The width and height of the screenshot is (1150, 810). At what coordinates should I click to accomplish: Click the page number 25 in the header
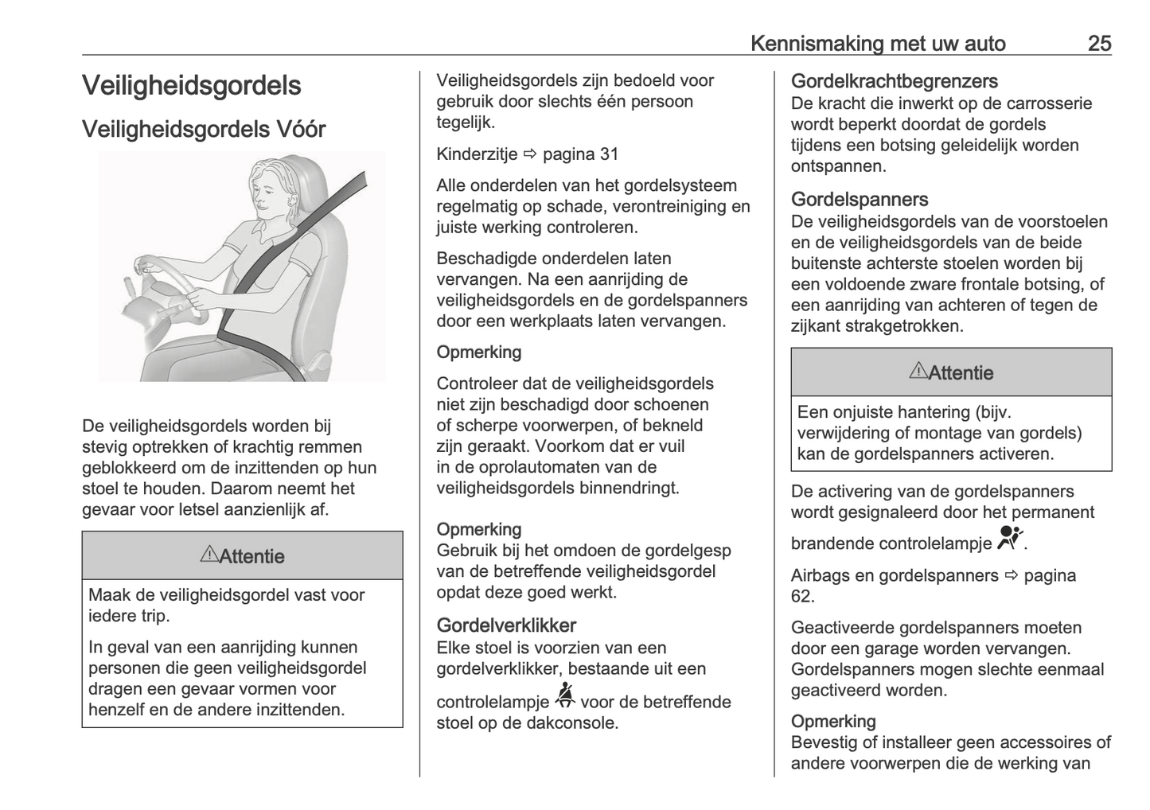click(x=1099, y=44)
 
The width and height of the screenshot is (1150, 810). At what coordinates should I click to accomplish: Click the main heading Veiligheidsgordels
click(x=191, y=86)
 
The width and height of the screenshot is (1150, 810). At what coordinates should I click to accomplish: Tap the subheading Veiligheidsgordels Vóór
click(x=204, y=130)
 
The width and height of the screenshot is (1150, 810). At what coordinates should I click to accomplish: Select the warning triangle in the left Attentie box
click(x=209, y=555)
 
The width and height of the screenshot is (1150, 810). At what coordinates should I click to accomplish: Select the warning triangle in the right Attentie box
click(x=918, y=371)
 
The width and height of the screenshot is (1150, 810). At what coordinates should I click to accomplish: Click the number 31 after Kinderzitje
click(x=609, y=154)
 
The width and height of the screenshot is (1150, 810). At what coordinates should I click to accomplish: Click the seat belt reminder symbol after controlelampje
click(x=565, y=696)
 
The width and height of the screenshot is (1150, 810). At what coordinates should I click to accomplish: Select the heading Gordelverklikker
click(x=506, y=625)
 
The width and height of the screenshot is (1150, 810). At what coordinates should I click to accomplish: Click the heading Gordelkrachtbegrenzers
click(x=894, y=81)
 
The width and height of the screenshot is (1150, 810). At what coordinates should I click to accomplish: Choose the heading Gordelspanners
click(x=860, y=200)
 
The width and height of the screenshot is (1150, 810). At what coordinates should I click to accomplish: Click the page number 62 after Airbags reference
click(x=802, y=597)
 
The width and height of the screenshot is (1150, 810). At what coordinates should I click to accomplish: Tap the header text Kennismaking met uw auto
click(x=878, y=44)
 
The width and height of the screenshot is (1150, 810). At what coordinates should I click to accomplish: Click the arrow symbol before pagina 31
click(x=530, y=154)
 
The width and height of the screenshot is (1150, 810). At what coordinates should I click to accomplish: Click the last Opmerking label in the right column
click(x=833, y=722)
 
